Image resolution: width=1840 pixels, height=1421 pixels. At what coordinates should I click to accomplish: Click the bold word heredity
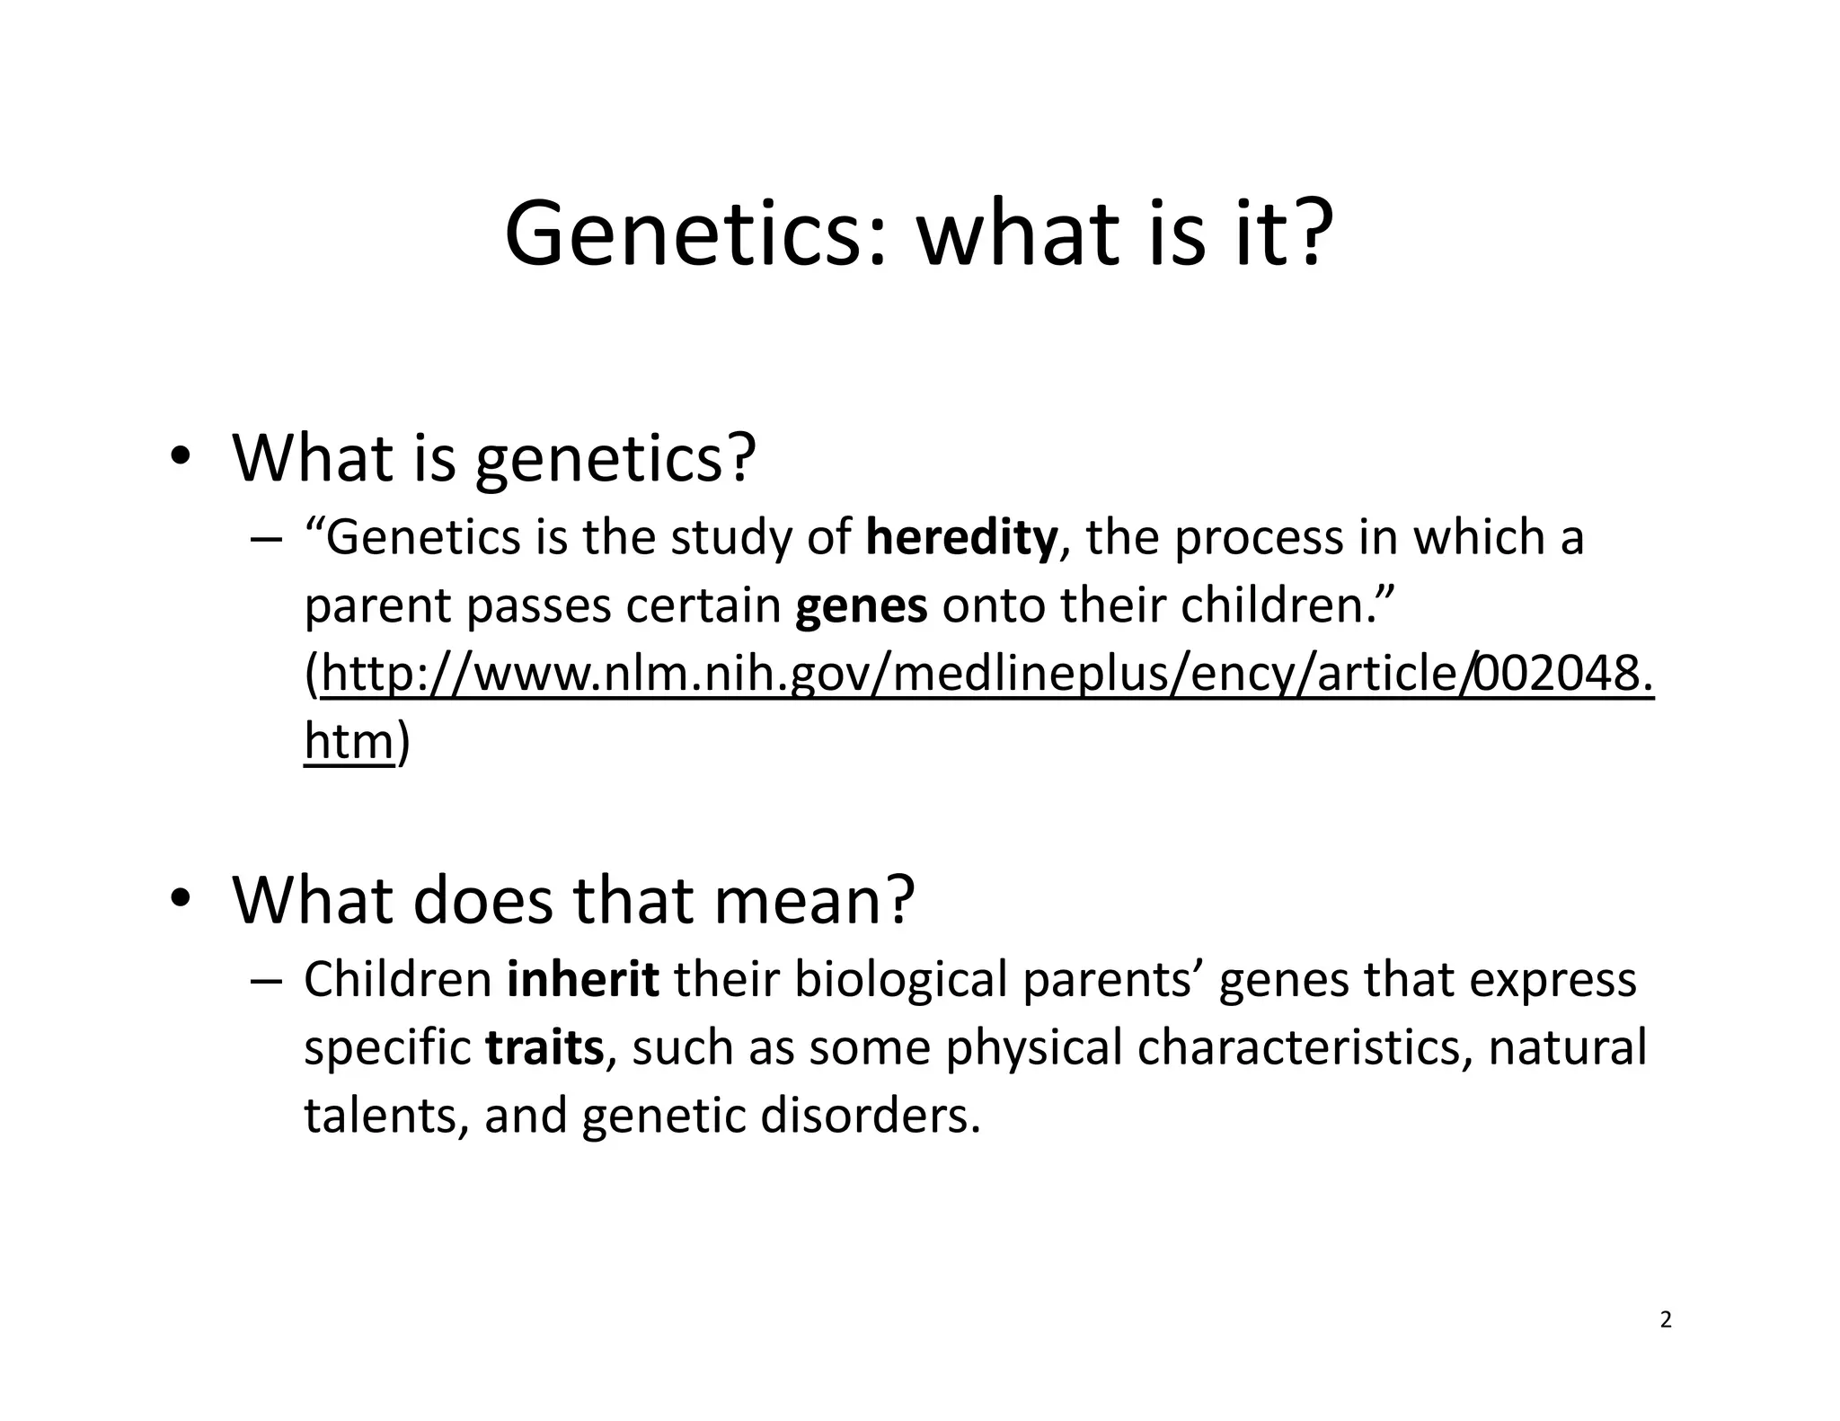click(961, 539)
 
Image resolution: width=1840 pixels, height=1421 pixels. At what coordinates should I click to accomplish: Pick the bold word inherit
click(582, 980)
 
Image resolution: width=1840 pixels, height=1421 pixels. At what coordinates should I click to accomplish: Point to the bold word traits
click(544, 1048)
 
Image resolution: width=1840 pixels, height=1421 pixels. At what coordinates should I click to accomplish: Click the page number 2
click(1665, 1320)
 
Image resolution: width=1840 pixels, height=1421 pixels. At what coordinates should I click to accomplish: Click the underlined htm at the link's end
click(349, 743)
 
